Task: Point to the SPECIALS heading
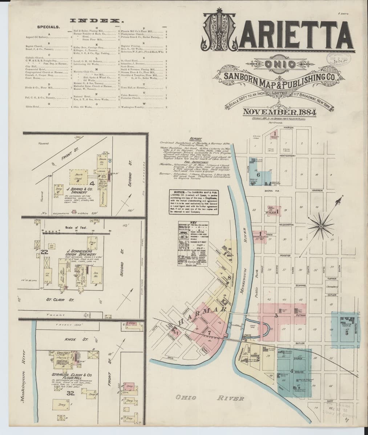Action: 49,27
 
